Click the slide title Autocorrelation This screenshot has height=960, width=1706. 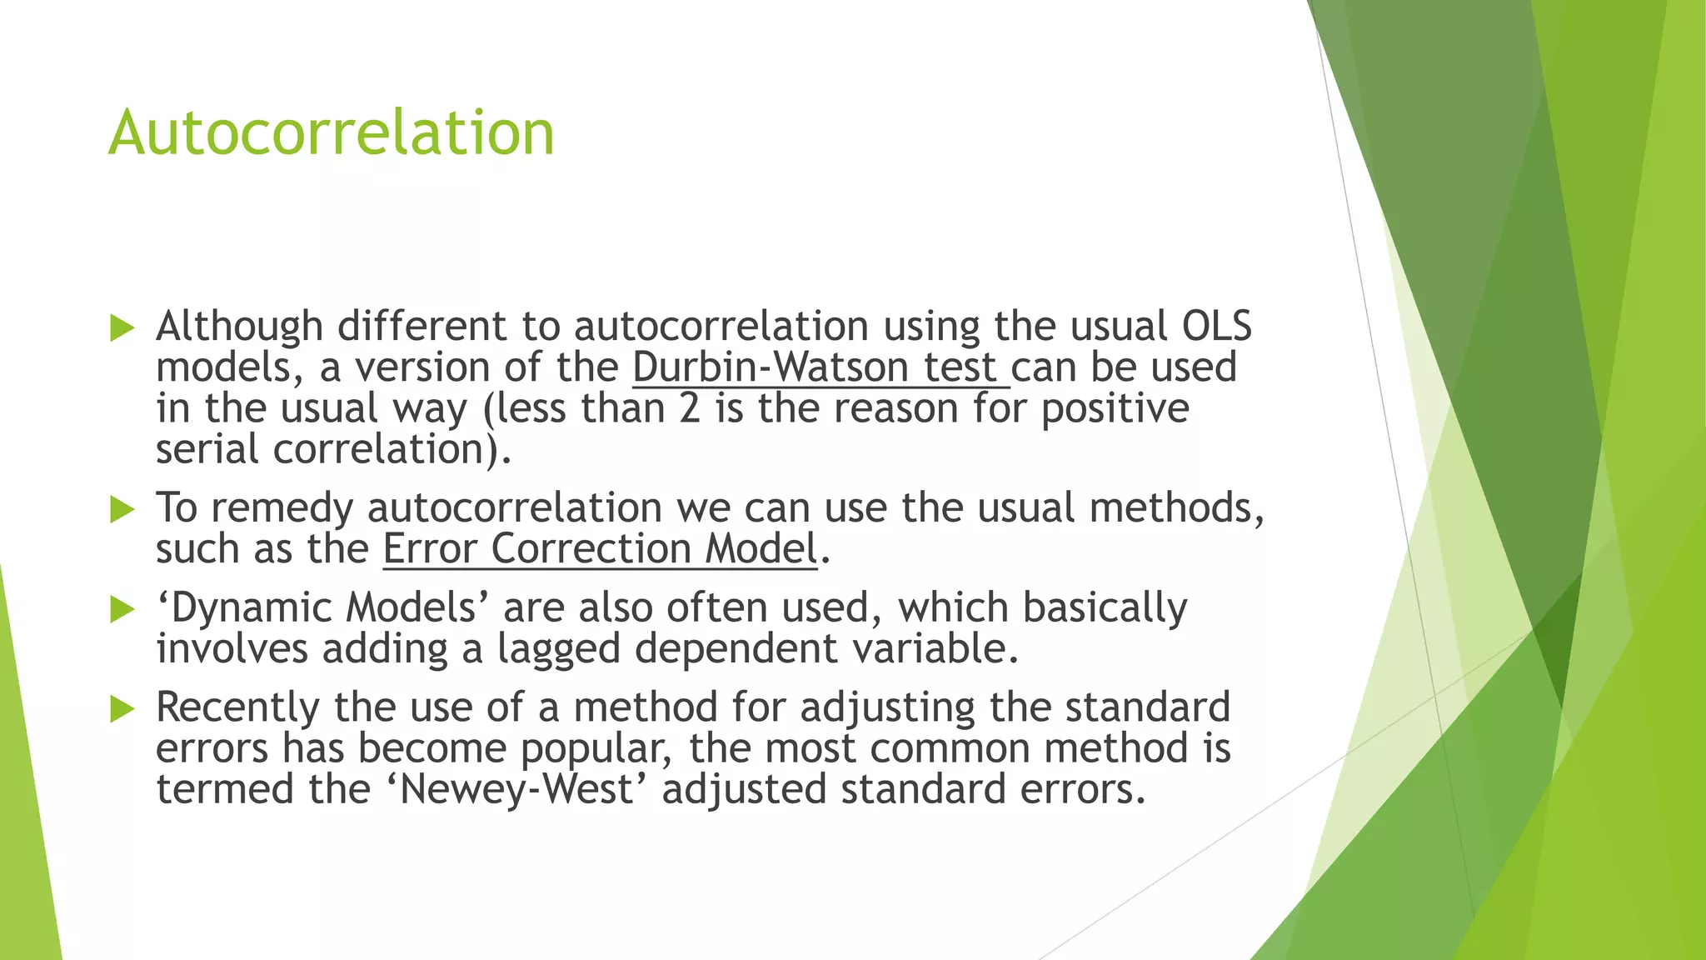pos(331,132)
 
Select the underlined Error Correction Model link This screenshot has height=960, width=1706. pos(599,549)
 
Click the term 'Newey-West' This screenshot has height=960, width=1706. pos(517,788)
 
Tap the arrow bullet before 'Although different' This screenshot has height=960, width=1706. pos(122,327)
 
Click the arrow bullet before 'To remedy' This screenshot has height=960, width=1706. pos(122,509)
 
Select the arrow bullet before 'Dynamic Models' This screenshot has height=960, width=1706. pos(122,609)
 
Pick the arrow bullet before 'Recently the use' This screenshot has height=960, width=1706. pos(122,709)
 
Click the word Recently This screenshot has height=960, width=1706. pos(237,707)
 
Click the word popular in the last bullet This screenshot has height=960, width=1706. pos(596,748)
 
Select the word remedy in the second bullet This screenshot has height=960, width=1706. pos(282,508)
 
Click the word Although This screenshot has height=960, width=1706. pos(239,326)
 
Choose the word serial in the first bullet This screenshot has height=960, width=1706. pos(207,449)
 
